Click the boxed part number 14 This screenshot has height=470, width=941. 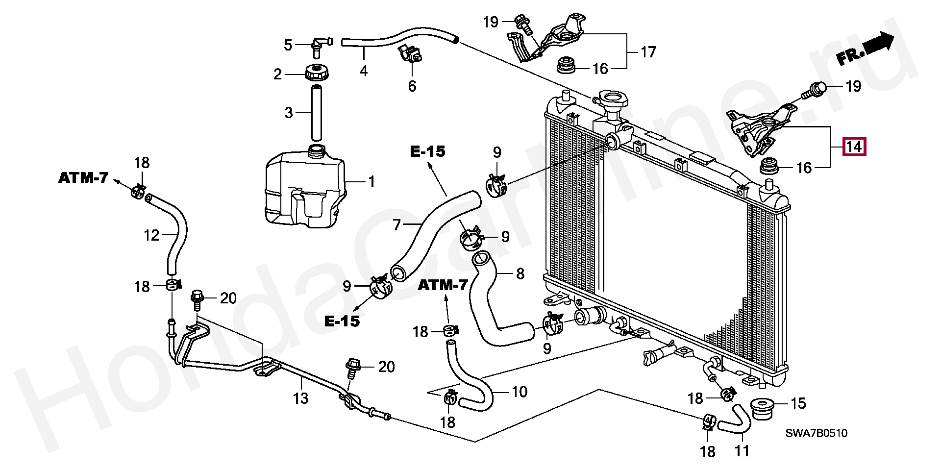pyautogui.click(x=854, y=147)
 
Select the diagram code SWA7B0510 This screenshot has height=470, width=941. pyautogui.click(x=816, y=433)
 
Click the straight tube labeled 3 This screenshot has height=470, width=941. pyautogui.click(x=316, y=113)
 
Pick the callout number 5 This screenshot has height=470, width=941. pyautogui.click(x=288, y=45)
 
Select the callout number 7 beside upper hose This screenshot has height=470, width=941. pyautogui.click(x=397, y=225)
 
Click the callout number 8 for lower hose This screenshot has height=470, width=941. pyautogui.click(x=520, y=273)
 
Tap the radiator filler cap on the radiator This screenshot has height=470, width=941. pyautogui.click(x=612, y=101)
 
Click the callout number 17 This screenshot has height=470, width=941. pyautogui.click(x=648, y=52)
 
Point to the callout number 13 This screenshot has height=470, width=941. pyautogui.click(x=301, y=398)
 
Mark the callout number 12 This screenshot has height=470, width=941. pyautogui.click(x=151, y=235)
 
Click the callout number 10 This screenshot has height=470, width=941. pyautogui.click(x=520, y=392)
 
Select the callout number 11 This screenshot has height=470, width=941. pyautogui.click(x=742, y=450)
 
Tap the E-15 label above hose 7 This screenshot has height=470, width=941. pyautogui.click(x=428, y=151)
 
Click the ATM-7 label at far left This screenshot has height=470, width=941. pyautogui.click(x=83, y=177)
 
